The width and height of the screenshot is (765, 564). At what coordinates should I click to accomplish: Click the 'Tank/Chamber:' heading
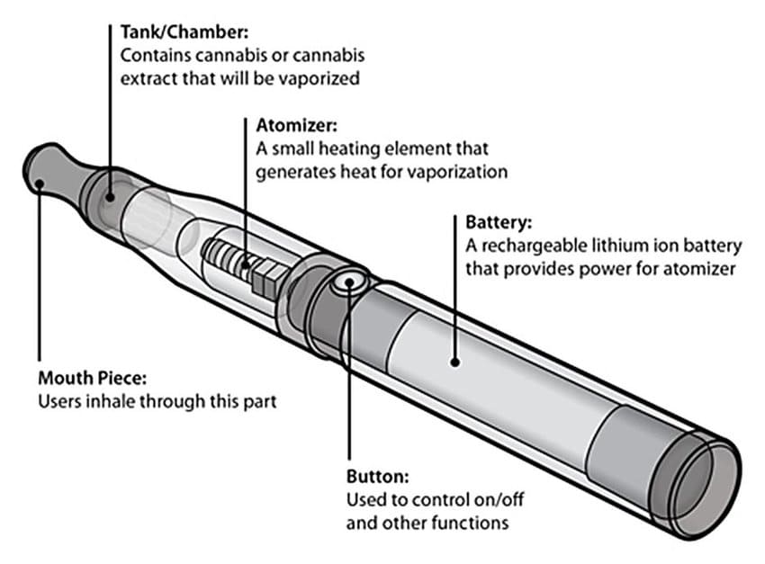[184, 32]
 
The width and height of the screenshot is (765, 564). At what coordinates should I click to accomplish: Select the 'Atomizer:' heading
[297, 126]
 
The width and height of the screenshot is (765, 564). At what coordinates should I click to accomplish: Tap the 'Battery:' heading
[498, 222]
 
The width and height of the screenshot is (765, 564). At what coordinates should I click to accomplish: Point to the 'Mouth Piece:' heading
[92, 378]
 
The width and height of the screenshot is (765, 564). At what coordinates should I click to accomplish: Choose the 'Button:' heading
[378, 476]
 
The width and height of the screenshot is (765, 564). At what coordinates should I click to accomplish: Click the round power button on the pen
[349, 282]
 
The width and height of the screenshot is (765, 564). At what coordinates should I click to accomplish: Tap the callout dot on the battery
[454, 363]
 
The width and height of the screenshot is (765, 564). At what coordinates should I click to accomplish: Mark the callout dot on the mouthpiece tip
[40, 184]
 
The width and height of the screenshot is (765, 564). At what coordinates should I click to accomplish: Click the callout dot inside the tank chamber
[111, 197]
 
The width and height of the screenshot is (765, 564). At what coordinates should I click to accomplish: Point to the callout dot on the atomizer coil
[246, 265]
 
